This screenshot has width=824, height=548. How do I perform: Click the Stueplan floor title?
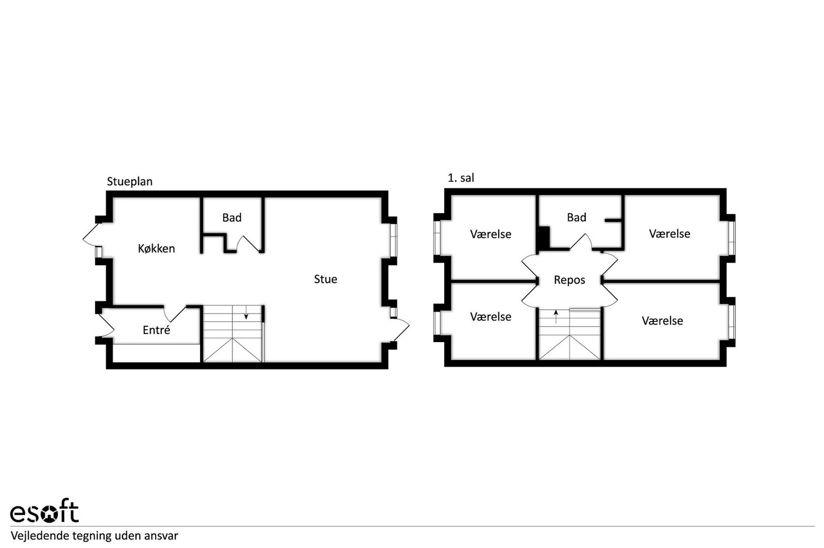(x=129, y=182)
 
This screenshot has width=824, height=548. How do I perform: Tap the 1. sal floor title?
(x=461, y=178)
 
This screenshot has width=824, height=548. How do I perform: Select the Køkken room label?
(x=156, y=249)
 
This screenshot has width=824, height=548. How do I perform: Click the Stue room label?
(x=326, y=279)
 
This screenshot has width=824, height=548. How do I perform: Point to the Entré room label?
(x=156, y=330)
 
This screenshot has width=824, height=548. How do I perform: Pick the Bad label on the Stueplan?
(x=232, y=218)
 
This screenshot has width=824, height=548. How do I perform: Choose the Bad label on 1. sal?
(x=577, y=218)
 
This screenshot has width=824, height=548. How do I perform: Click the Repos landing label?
(x=569, y=280)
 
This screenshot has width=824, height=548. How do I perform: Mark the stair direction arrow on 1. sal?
(x=556, y=317)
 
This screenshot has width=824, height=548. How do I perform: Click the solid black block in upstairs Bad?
(x=544, y=238)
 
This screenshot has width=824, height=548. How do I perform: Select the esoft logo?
(x=44, y=510)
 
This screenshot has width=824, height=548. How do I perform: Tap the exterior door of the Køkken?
(x=92, y=235)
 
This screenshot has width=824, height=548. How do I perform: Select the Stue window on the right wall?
(x=394, y=240)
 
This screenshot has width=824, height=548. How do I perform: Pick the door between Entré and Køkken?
(x=174, y=313)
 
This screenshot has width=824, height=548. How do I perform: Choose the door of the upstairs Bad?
(x=581, y=242)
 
